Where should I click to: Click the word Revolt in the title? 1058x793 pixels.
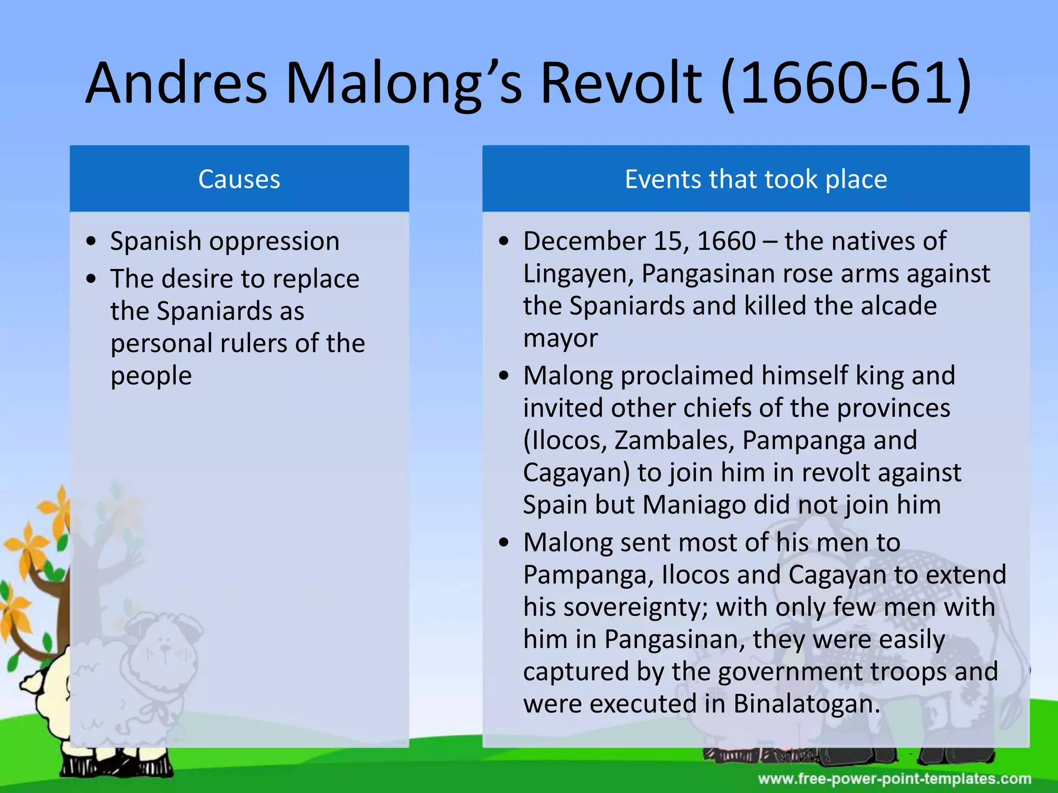620,84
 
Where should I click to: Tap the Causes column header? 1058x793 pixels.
239,179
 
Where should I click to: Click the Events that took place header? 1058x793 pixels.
756,179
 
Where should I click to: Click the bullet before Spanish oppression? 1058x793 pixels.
91,242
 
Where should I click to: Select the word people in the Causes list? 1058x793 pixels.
151,376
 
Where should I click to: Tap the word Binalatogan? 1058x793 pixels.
806,704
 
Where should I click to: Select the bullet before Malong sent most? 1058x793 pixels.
504,543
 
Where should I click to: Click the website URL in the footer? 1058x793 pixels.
894,779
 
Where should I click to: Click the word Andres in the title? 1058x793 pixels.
176,84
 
